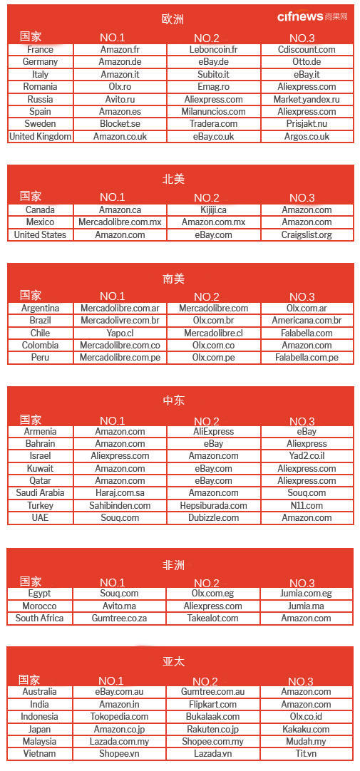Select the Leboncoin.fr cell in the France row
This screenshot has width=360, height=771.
(214, 50)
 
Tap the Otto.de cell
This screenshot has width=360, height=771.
(307, 62)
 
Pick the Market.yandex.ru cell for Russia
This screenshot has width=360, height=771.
(307, 100)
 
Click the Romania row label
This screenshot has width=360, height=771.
(40, 87)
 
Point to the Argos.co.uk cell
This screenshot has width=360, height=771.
(307, 137)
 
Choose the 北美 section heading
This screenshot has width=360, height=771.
(173, 179)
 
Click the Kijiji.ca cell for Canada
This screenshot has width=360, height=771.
(214, 210)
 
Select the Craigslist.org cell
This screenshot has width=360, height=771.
(307, 235)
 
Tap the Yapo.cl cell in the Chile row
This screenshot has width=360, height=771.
(120, 333)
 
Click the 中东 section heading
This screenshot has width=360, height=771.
(173, 400)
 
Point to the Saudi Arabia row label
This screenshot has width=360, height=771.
(40, 493)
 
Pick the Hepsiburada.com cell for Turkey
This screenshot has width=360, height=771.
(214, 506)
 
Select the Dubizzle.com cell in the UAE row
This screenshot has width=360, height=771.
(214, 518)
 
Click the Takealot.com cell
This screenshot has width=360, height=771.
(214, 619)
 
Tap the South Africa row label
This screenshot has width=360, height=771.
(40, 619)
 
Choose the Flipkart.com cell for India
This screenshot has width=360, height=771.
(214, 704)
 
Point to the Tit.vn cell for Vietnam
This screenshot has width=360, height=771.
(307, 754)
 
